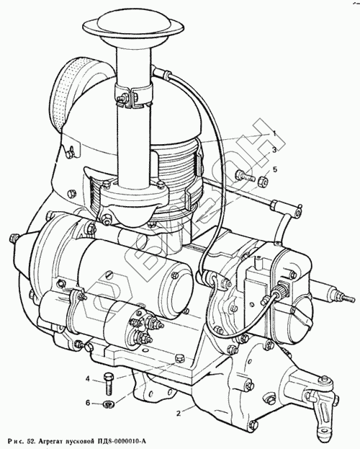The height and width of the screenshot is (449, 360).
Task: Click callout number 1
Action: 274,133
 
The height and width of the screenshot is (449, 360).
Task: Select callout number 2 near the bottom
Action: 179,413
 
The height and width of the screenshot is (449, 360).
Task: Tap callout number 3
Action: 274,151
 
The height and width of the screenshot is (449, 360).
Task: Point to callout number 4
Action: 88,379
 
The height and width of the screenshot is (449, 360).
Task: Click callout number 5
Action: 275,169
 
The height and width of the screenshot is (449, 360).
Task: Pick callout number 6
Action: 88,403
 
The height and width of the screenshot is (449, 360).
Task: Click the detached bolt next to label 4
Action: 109,383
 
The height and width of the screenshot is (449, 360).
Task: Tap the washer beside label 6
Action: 109,404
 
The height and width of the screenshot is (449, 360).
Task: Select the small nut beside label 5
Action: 261,181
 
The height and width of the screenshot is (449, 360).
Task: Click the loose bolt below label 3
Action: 245,176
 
